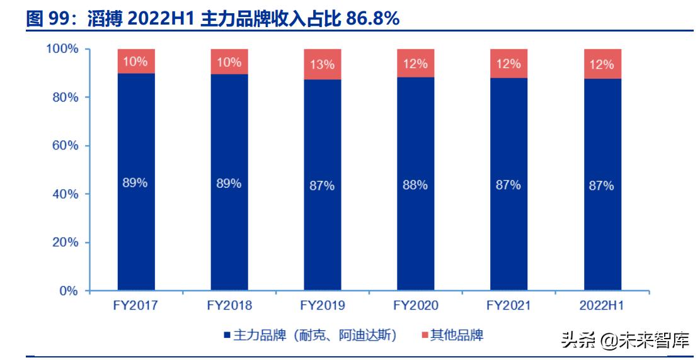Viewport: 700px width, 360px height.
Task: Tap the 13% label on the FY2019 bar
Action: click(x=322, y=64)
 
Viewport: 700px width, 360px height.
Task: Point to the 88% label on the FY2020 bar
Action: click(x=415, y=185)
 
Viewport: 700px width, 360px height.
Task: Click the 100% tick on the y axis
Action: click(x=63, y=49)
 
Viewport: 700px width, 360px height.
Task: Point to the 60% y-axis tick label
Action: click(x=66, y=146)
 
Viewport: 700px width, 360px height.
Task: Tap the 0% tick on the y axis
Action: click(x=69, y=291)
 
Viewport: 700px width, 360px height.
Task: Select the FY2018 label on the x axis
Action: click(x=229, y=306)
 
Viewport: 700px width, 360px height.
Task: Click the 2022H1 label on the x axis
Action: click(x=602, y=306)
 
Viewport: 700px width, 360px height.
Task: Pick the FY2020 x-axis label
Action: click(x=415, y=306)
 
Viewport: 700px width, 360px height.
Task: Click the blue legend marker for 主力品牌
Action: click(x=227, y=335)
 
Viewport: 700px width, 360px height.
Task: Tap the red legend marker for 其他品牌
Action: click(x=425, y=335)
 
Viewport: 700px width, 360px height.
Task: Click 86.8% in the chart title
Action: click(x=371, y=20)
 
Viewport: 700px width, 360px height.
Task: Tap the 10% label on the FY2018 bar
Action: click(x=229, y=62)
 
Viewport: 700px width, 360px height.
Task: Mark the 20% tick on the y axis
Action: click(x=66, y=243)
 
